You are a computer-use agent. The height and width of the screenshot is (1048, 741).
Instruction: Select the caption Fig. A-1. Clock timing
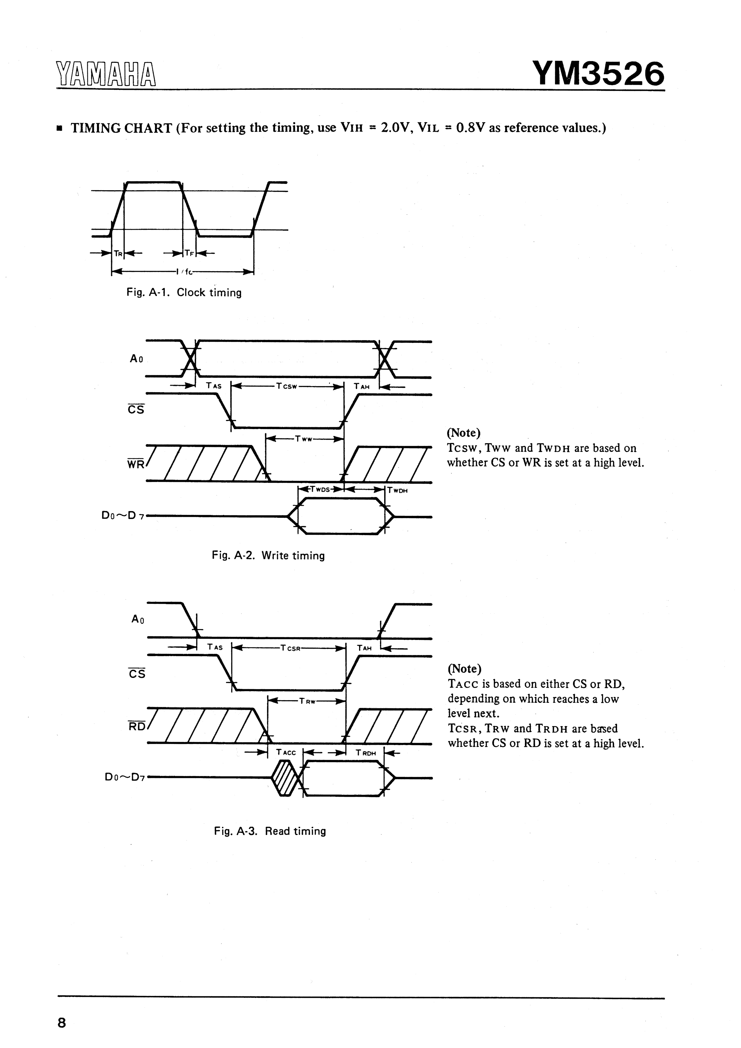pos(183,292)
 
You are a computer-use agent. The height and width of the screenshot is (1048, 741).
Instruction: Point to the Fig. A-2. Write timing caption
pos(268,555)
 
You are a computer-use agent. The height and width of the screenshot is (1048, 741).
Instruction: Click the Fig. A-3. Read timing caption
pos(270,831)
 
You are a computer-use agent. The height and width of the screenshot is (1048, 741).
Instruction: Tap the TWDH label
pos(398,491)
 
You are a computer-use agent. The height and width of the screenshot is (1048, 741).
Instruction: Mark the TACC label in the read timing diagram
pos(286,752)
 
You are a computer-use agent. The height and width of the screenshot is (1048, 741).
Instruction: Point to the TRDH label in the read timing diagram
pos(366,753)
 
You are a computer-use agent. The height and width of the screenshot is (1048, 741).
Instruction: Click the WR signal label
pos(135,465)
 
